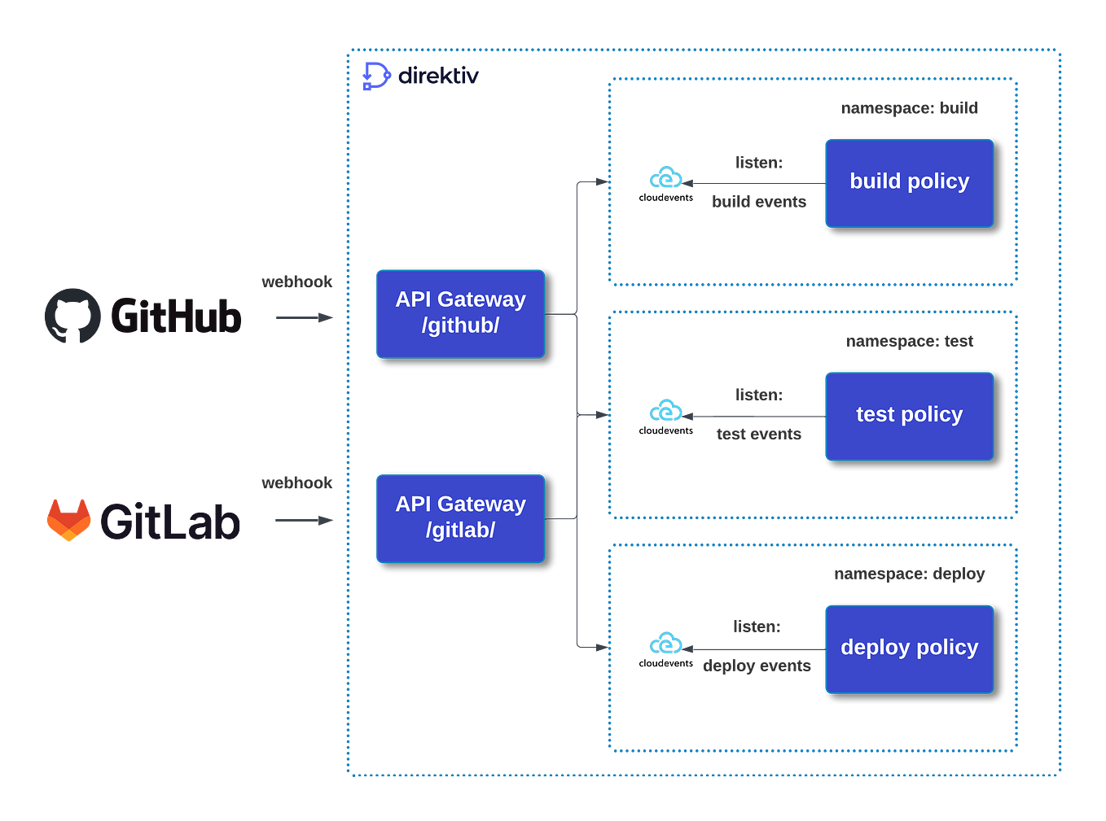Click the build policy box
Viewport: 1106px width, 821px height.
909,182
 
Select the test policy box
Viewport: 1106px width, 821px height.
909,416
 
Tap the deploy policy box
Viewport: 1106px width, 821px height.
909,649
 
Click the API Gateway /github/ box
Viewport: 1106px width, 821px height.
460,313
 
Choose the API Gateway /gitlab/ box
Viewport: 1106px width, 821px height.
460,518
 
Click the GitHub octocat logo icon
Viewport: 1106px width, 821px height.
72,316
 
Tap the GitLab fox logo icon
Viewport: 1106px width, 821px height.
68,520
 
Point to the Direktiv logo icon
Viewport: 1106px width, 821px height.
375,76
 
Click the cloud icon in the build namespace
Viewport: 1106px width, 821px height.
666,177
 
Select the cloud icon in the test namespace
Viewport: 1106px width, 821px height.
666,410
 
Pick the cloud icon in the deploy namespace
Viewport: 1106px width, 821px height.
666,644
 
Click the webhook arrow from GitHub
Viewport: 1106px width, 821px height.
304,317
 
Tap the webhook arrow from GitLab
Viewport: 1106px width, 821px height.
304,520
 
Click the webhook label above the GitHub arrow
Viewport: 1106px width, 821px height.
296,282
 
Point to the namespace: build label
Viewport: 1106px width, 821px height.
909,108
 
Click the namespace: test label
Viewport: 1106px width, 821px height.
909,341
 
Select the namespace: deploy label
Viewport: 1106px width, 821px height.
909,574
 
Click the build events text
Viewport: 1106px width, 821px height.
758,202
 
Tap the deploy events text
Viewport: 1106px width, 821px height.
757,666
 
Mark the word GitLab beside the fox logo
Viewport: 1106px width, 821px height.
170,522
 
